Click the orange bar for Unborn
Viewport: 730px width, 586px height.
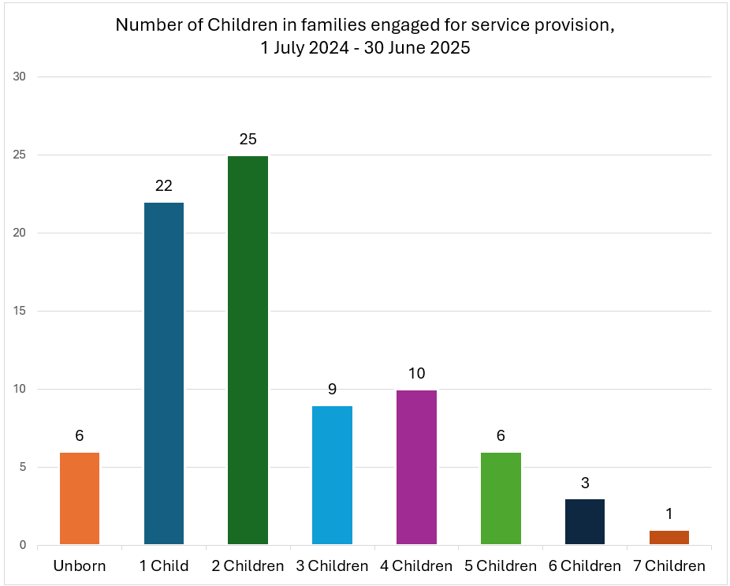(x=80, y=498)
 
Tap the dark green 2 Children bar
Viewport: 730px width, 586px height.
(x=248, y=350)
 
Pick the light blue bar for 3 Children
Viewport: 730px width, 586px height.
(x=332, y=475)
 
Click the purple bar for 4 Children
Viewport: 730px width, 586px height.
(x=416, y=467)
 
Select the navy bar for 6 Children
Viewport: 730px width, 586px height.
(x=585, y=521)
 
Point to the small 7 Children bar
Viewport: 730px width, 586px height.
(x=669, y=537)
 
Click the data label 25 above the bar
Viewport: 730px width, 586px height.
(x=248, y=140)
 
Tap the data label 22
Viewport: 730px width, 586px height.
(x=164, y=186)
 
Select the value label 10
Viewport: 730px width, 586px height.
(x=416, y=373)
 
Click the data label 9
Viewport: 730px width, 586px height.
(x=332, y=389)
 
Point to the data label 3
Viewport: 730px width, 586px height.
(x=585, y=483)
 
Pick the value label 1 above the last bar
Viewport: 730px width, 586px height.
(x=669, y=514)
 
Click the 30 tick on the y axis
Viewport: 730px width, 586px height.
(x=20, y=77)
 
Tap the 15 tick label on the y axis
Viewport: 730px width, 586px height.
(x=20, y=311)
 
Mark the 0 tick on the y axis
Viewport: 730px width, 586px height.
(x=23, y=545)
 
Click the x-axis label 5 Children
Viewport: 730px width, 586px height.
(x=501, y=566)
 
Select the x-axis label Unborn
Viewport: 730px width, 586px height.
(x=80, y=566)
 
